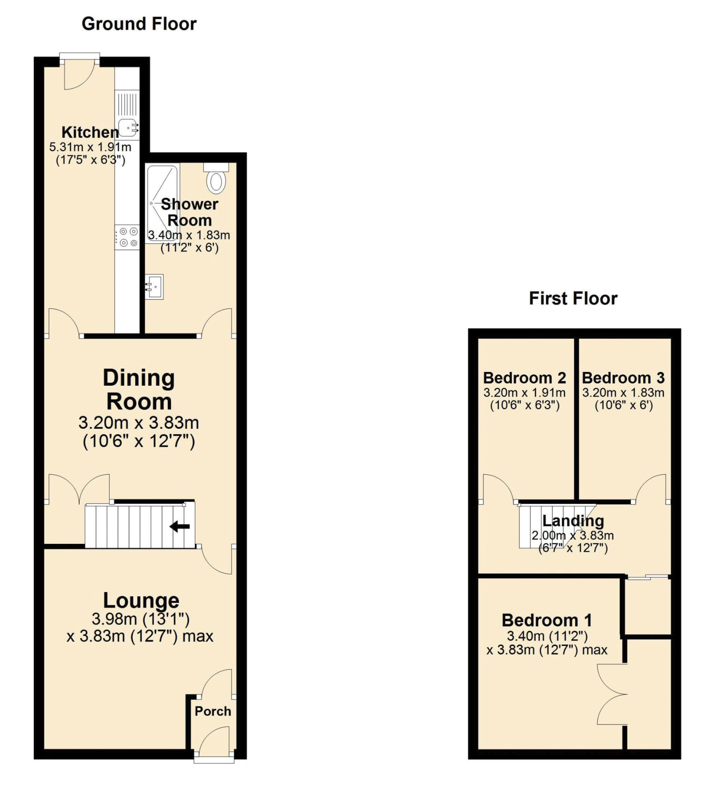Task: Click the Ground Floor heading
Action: click(139, 24)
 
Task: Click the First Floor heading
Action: click(573, 299)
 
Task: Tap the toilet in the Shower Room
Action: click(216, 179)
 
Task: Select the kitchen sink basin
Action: click(128, 128)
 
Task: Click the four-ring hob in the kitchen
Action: click(127, 237)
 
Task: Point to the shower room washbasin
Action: click(154, 287)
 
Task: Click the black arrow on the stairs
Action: click(180, 526)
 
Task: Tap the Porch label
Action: click(213, 711)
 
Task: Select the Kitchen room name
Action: click(90, 132)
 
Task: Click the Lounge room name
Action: click(141, 600)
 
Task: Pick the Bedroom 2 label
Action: click(524, 378)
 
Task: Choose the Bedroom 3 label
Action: click(623, 378)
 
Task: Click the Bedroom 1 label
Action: click(547, 620)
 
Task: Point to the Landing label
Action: click(573, 521)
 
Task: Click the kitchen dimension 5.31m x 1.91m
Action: click(90, 147)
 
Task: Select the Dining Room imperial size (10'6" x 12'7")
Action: click(139, 441)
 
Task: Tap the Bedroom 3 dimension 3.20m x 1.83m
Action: click(623, 393)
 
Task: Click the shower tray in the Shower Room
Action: click(162, 203)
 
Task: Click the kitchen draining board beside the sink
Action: click(127, 104)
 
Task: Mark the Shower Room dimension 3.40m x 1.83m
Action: click(189, 235)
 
